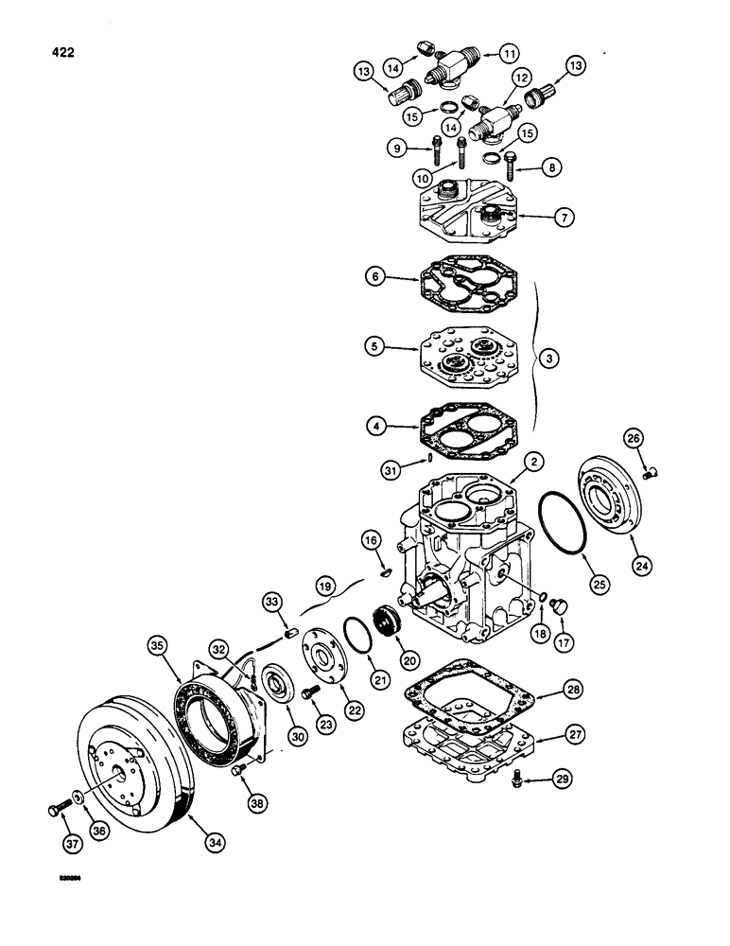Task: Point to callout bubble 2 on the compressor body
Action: pos(533,461)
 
